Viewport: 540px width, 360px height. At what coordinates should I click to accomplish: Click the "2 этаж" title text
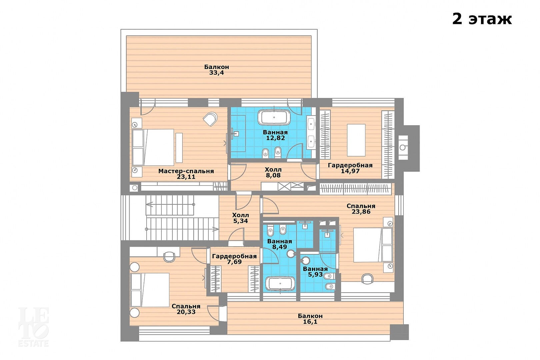coord(482,19)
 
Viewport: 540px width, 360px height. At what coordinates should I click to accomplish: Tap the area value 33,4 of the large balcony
coord(216,73)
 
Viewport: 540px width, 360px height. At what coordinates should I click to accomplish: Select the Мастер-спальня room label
coord(186,171)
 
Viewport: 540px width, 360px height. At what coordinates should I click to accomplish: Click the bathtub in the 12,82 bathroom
coord(274,117)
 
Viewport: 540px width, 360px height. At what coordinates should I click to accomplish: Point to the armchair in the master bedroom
coord(210,119)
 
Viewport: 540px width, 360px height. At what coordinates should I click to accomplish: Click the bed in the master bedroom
coord(153,148)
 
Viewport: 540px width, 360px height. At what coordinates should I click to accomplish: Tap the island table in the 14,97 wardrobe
coord(356,140)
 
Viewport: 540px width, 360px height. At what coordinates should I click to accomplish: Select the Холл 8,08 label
coord(273,172)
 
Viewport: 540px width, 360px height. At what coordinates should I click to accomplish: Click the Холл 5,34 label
coord(240,218)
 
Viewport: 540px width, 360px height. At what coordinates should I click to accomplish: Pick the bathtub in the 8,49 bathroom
coord(280,284)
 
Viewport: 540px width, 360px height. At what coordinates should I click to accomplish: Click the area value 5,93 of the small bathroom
coord(315,275)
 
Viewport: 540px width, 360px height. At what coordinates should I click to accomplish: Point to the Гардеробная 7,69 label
coord(234,259)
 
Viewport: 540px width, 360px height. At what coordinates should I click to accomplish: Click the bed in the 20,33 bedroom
coord(150,290)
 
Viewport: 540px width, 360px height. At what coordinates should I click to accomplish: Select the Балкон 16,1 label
coord(310,319)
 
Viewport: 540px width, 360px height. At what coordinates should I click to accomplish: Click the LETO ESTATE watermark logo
coord(34,327)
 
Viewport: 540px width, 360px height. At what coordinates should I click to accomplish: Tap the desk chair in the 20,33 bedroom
coord(169,257)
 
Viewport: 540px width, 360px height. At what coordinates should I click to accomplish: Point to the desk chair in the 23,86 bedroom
coord(367,278)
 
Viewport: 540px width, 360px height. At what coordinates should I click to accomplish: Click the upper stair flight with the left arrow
coord(170,205)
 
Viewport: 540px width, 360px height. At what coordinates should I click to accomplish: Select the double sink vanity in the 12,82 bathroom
coord(311,133)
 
